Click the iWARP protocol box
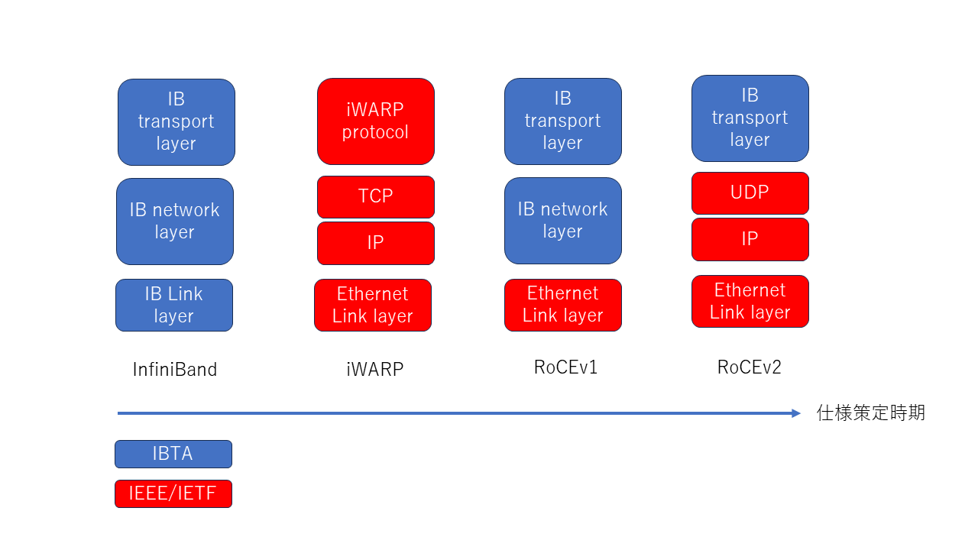pyautogui.click(x=375, y=121)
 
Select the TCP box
pyautogui.click(x=375, y=197)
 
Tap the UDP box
pyautogui.click(x=750, y=193)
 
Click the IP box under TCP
pyautogui.click(x=375, y=243)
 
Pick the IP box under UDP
pyautogui.click(x=750, y=239)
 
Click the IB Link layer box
pyautogui.click(x=174, y=305)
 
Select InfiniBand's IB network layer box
pyautogui.click(x=175, y=222)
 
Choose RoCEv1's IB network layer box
pyautogui.click(x=563, y=221)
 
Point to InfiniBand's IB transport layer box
pyautogui.click(x=176, y=122)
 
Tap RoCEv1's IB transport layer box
pyautogui.click(x=563, y=121)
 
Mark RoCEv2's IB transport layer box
pyautogui.click(x=750, y=118)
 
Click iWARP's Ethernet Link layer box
pyautogui.click(x=373, y=305)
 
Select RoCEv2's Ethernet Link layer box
pyautogui.click(x=750, y=301)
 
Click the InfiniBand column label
pyautogui.click(x=175, y=369)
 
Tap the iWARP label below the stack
pyautogui.click(x=374, y=369)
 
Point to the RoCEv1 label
pyautogui.click(x=565, y=367)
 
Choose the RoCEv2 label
pyautogui.click(x=750, y=367)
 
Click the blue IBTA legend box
pyautogui.click(x=173, y=454)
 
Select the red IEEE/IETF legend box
pyautogui.click(x=173, y=493)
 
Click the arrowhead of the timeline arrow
pyautogui.click(x=796, y=413)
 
